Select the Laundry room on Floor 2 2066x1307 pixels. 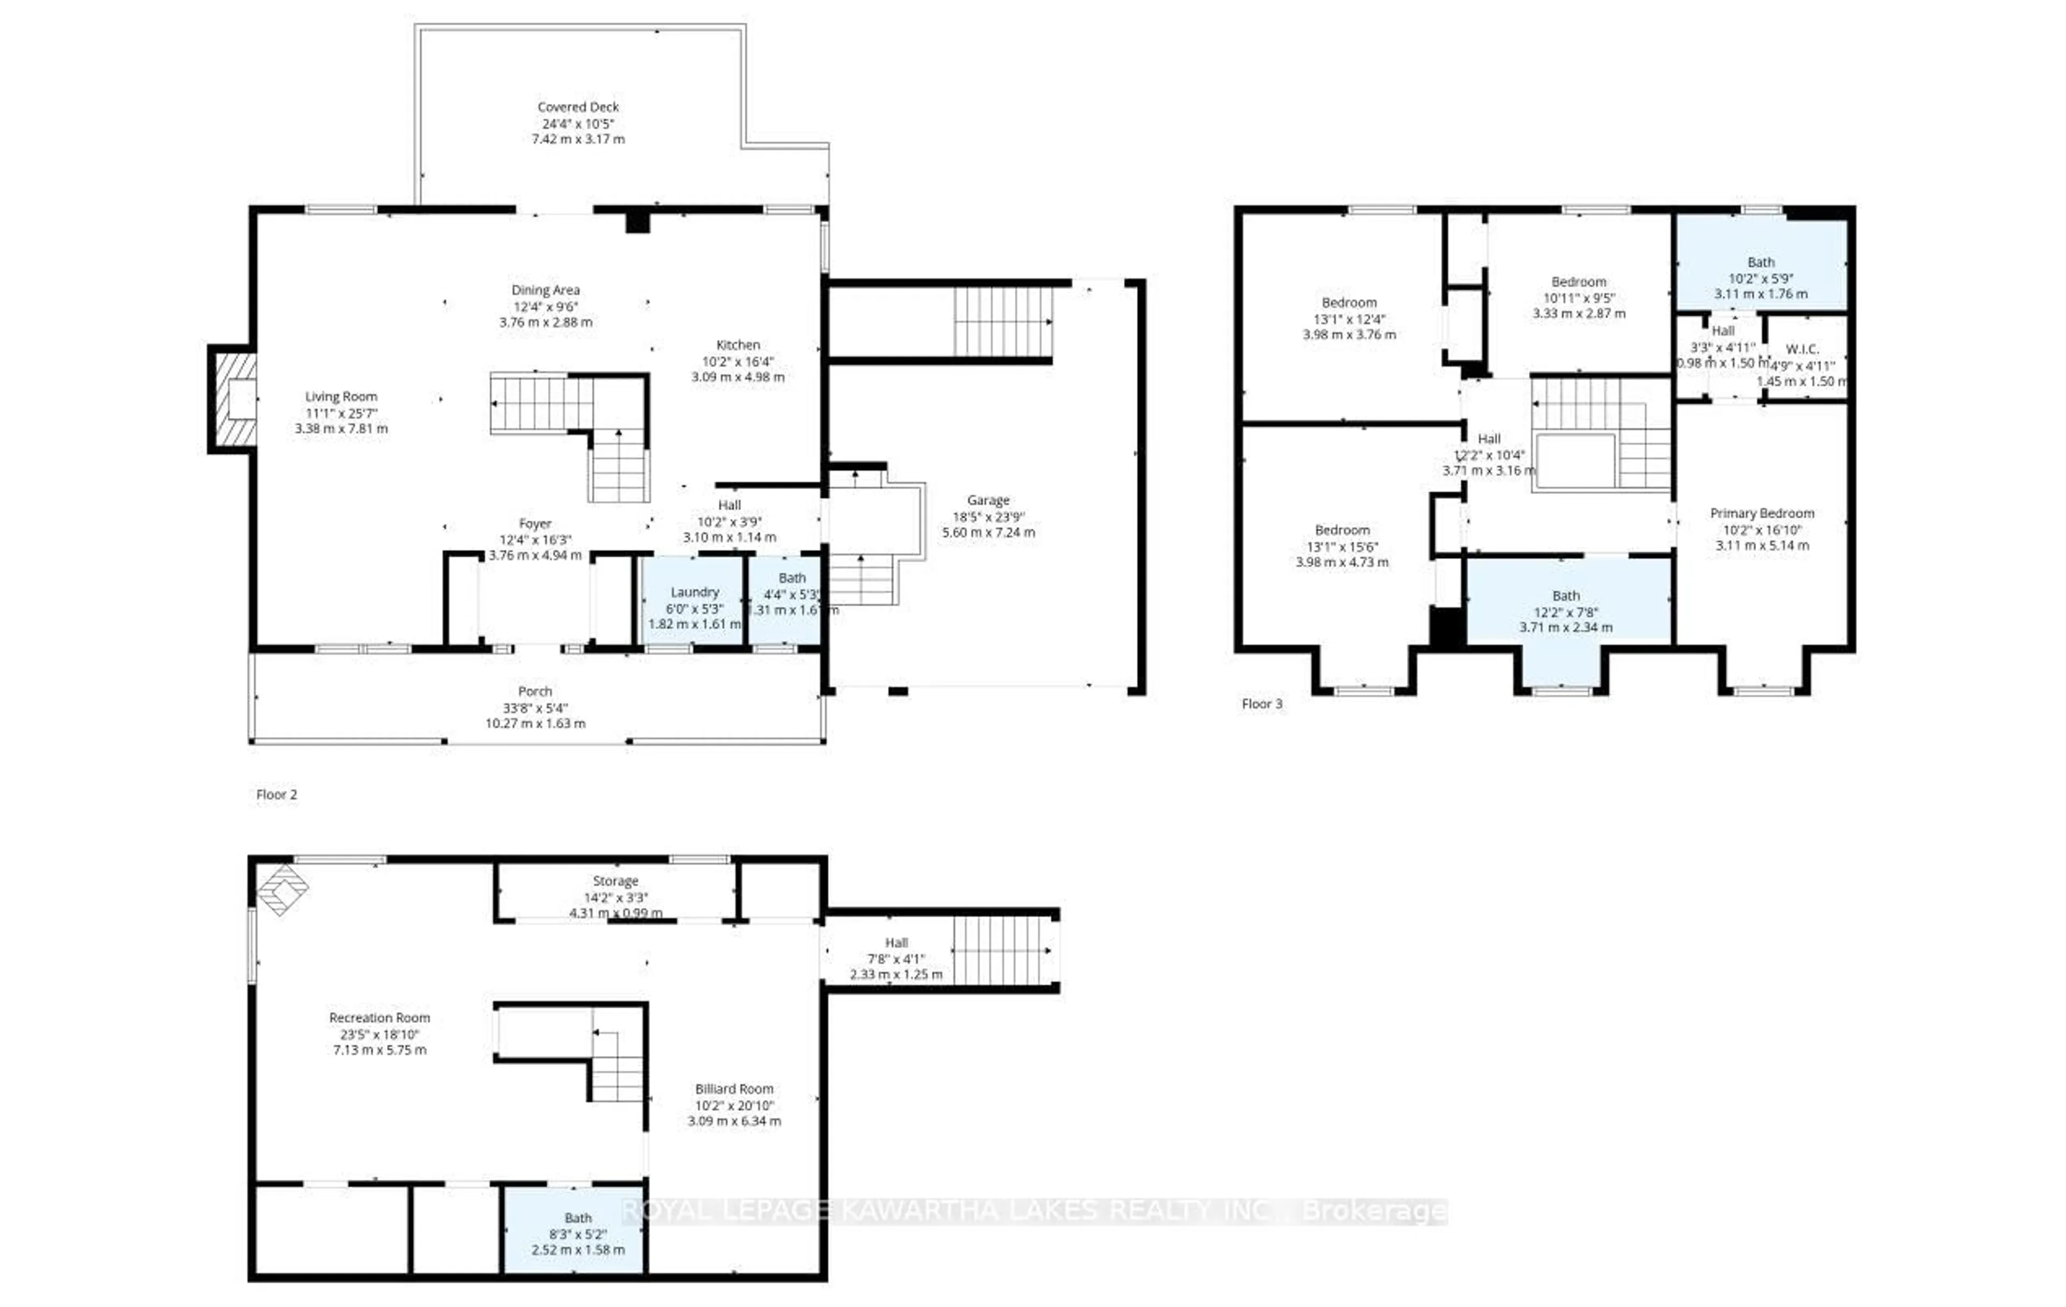[694, 601]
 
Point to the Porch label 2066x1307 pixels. [534, 691]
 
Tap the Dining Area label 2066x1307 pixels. [545, 290]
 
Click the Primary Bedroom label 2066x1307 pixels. [1761, 513]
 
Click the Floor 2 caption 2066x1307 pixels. [276, 795]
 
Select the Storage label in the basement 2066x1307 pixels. [615, 881]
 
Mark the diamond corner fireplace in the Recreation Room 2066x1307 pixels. [283, 890]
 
